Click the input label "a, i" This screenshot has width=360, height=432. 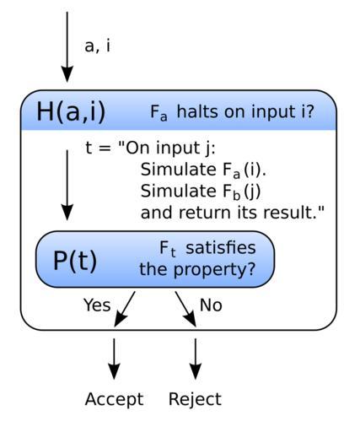coord(97,46)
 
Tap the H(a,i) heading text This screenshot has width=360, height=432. coord(71,111)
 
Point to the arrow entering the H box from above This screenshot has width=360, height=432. coord(67,47)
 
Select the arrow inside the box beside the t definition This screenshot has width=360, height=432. coord(67,185)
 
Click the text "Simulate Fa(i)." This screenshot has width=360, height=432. coord(203,170)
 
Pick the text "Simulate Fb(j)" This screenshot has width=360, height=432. coord(201,192)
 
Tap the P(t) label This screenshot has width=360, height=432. coord(75,261)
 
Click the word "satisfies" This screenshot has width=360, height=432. coord(221,248)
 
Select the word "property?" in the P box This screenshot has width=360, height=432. coord(215,270)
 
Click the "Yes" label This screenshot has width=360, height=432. coord(97,305)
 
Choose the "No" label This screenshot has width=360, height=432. coord(211,305)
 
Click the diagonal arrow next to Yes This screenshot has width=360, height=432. coord(125,309)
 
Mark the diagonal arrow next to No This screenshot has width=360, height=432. coord(185,309)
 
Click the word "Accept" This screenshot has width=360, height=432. coord(114,399)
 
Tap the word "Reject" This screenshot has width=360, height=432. coord(195,399)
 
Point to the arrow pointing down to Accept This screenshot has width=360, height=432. coord(114,359)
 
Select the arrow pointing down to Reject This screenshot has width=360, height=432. coord(196,359)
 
